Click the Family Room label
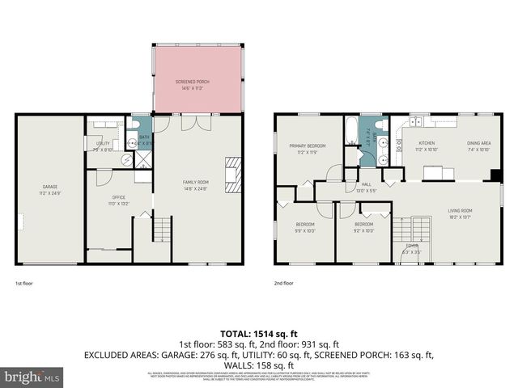[195, 185]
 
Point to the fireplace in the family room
[232, 175]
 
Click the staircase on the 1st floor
[162, 230]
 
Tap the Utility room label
[103, 147]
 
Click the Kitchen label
[426, 147]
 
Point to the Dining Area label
[478, 147]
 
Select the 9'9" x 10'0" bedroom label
[304, 227]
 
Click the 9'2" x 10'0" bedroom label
[363, 227]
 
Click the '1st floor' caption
[24, 284]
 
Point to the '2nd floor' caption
[283, 284]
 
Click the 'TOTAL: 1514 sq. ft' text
[258, 333]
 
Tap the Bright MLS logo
[33, 377]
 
